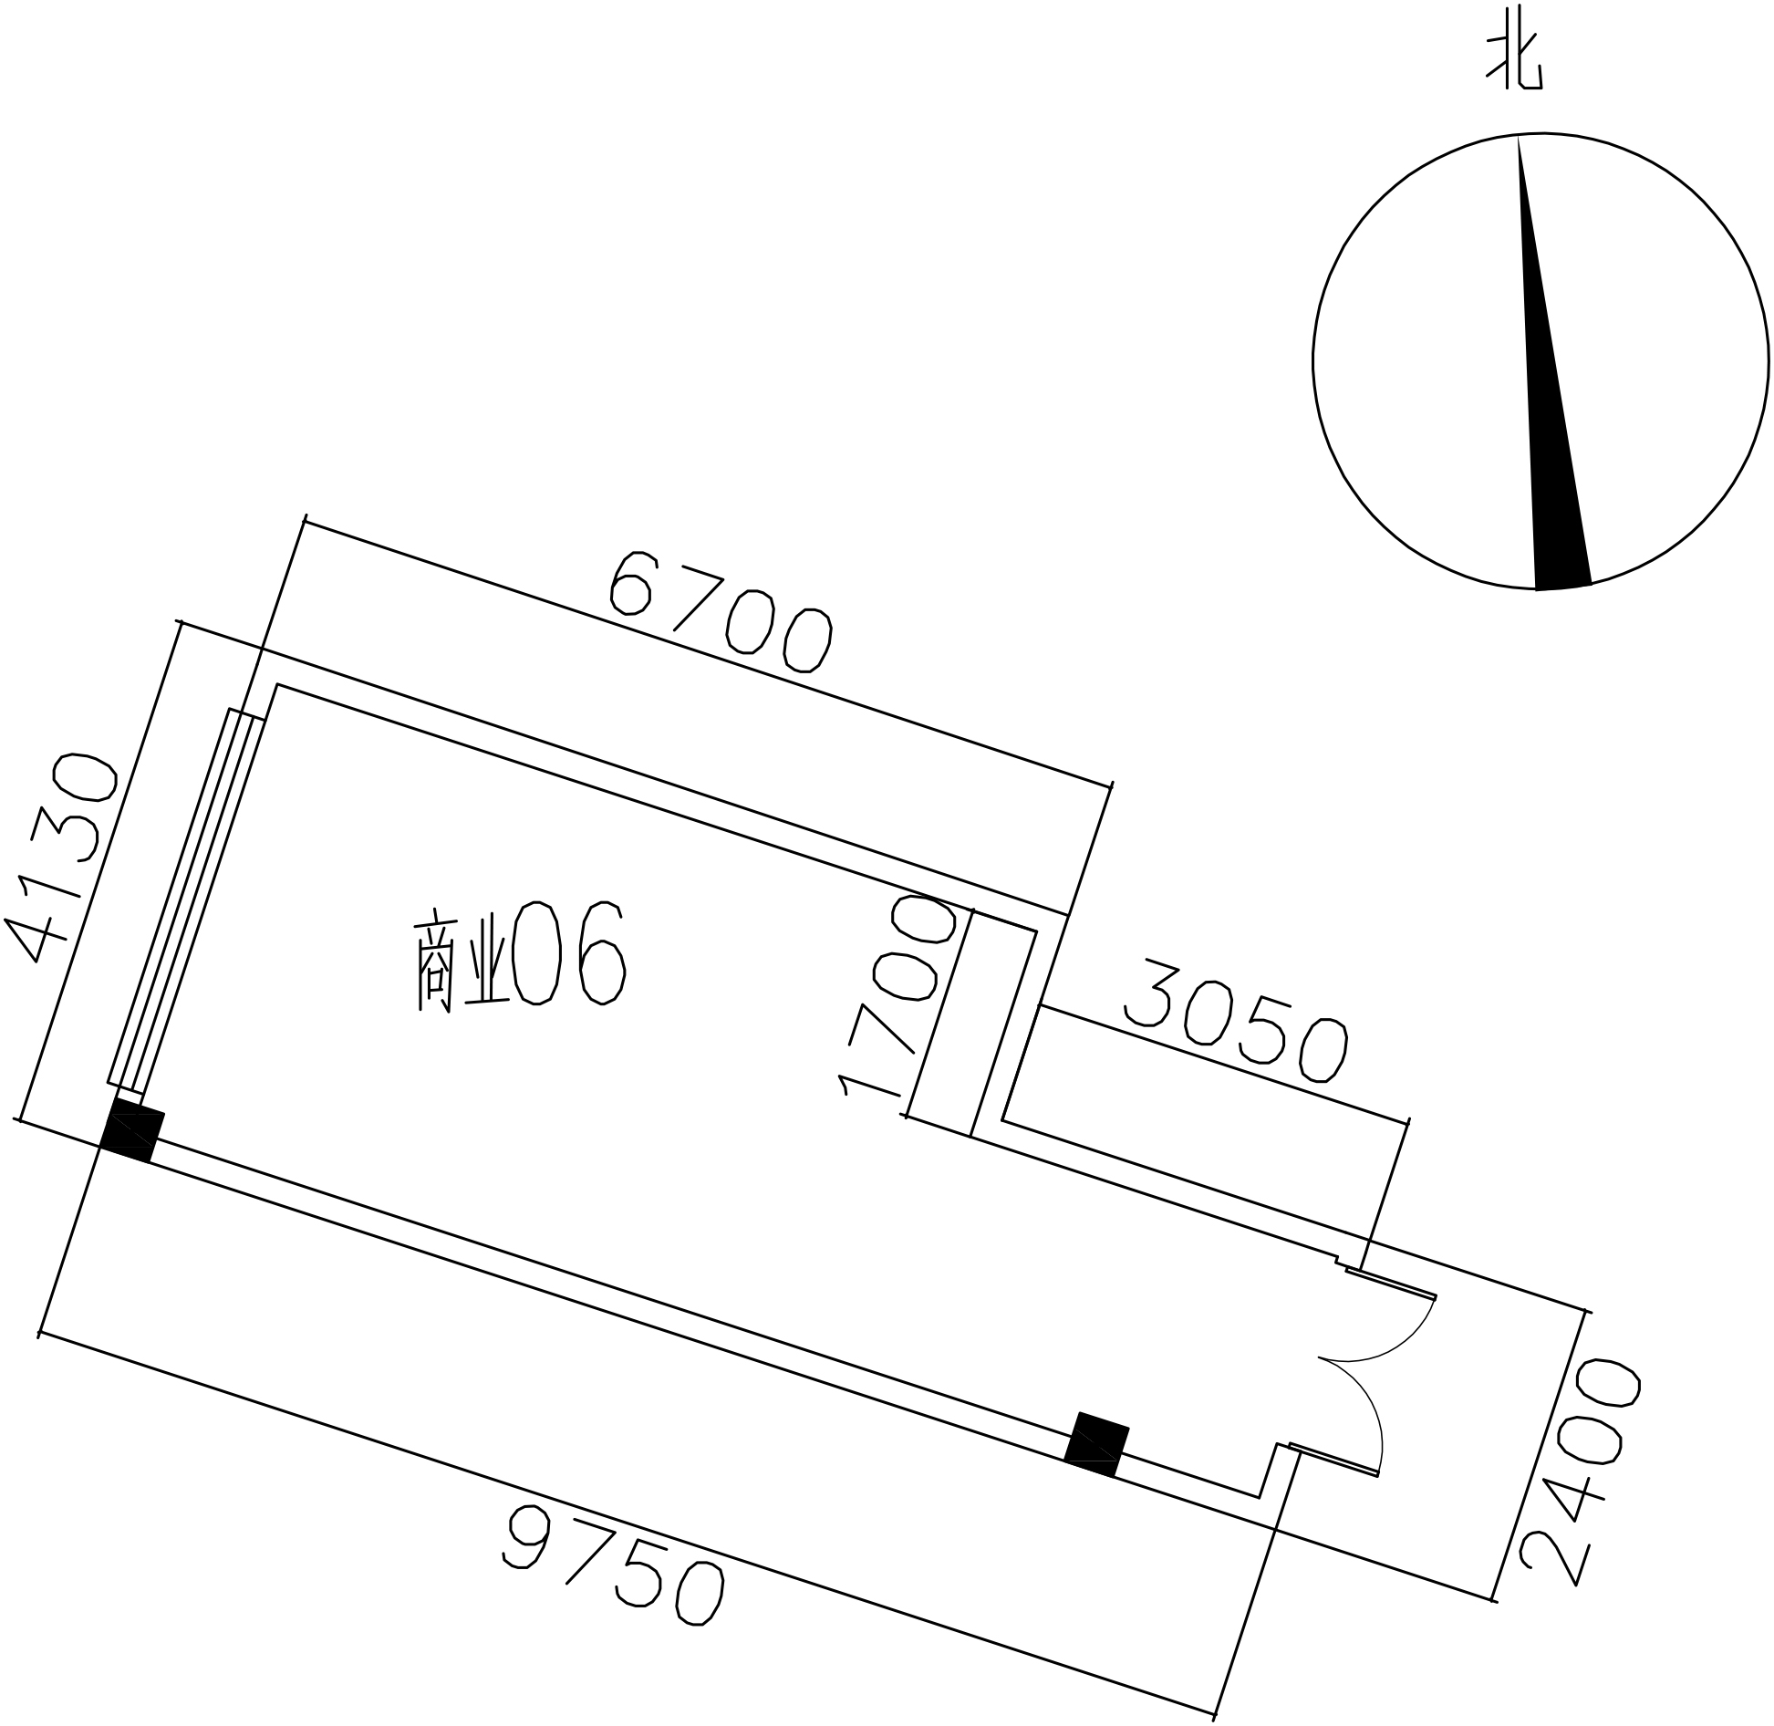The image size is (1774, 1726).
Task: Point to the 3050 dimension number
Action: coord(1237,1020)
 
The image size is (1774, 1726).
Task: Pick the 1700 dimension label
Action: coord(898,995)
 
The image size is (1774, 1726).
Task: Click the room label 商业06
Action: coord(522,955)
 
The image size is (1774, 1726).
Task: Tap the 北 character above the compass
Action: coord(1514,62)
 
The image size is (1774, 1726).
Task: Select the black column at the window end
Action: coord(132,1131)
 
